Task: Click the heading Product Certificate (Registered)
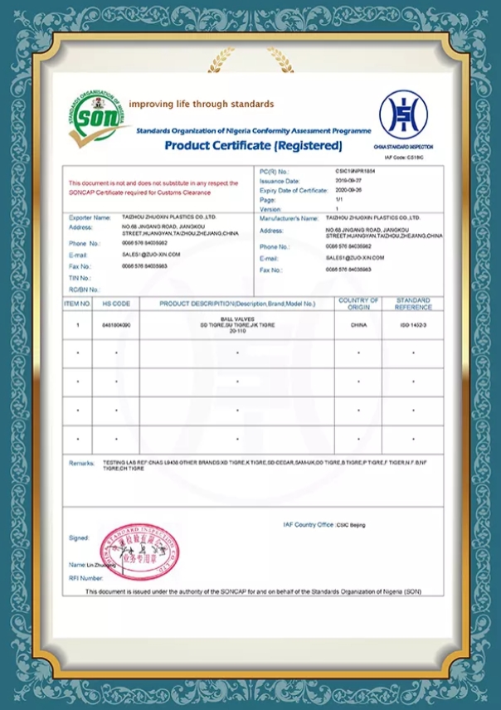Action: pos(252,146)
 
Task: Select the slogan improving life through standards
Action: pos(202,104)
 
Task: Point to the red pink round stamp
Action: pos(139,552)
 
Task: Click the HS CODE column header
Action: pos(116,304)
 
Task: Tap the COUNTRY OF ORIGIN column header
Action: pos(359,304)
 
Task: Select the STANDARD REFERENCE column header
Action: pos(413,304)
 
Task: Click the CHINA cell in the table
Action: pos(359,325)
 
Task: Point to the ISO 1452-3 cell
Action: pos(413,325)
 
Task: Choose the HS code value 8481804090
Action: pos(116,325)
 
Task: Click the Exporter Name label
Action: pos(90,217)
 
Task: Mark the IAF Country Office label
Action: pos(308,524)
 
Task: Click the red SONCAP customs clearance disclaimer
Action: pos(153,187)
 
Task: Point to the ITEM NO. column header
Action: pos(78,304)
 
